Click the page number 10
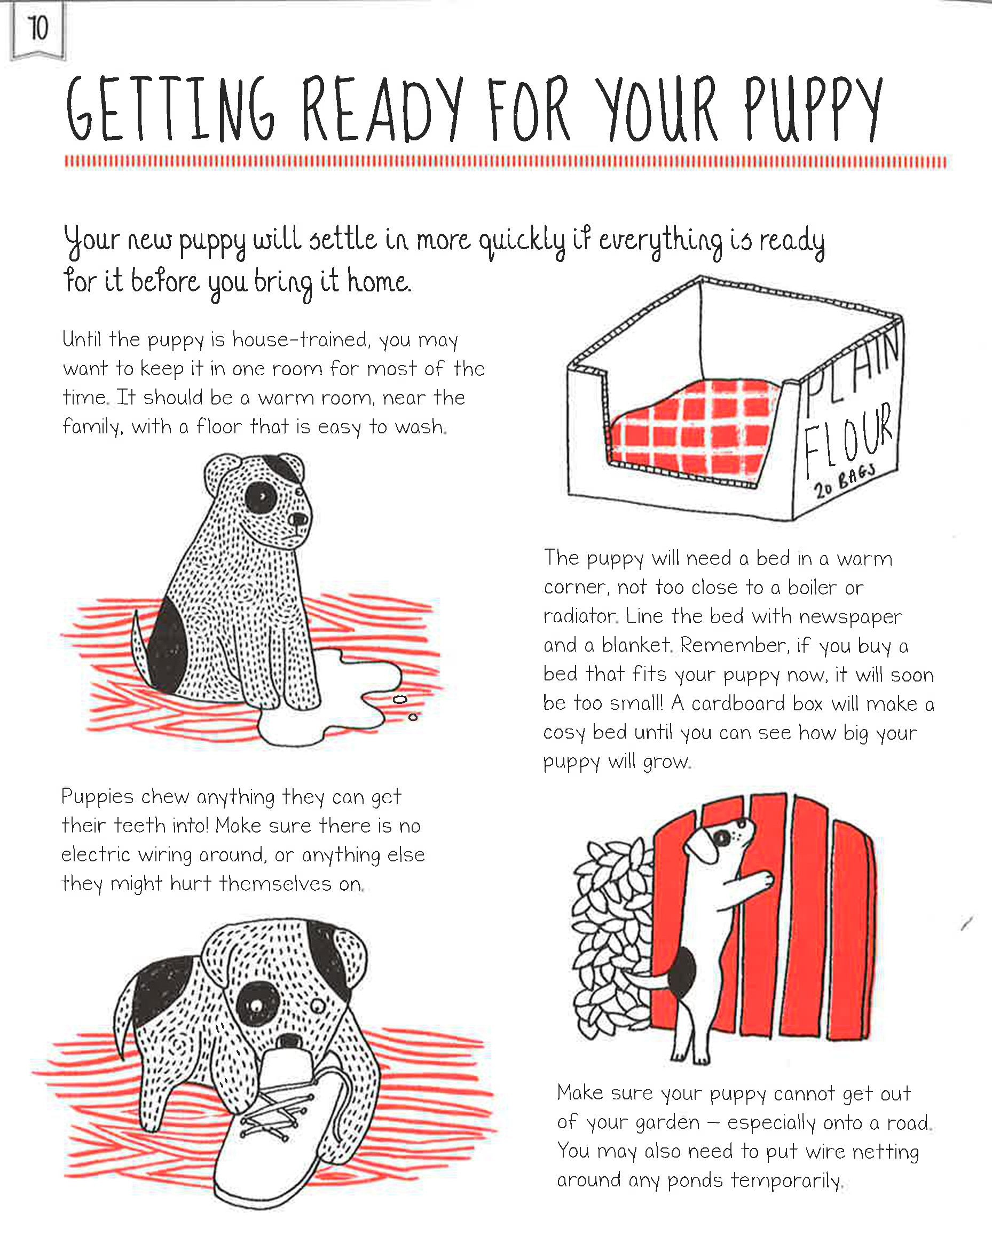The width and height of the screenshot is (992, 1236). point(38,28)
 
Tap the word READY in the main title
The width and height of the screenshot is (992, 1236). point(381,109)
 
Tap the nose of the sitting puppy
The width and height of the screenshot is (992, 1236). point(298,519)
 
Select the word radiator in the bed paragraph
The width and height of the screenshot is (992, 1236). point(580,616)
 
